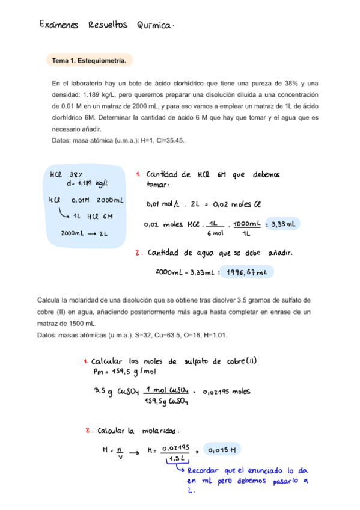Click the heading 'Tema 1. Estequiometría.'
tap(89, 61)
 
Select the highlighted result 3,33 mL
tap(281, 224)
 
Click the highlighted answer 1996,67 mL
tap(247, 272)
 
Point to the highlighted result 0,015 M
tap(221, 449)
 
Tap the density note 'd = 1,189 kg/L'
tap(87, 183)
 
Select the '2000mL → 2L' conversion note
tap(84, 233)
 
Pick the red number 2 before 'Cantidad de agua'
tap(138, 253)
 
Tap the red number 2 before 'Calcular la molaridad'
tap(88, 430)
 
